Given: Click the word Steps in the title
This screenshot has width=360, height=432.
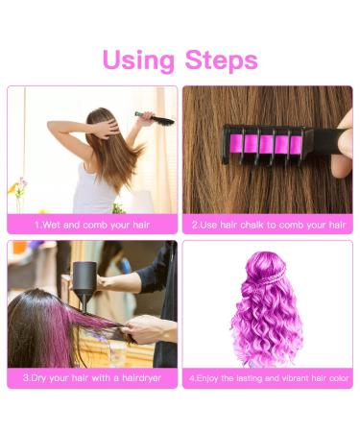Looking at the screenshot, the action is click(222, 60).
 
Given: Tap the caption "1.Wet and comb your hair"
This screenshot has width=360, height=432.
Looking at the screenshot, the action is click(92, 225).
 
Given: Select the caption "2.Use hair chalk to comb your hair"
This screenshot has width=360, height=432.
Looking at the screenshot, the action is click(269, 225).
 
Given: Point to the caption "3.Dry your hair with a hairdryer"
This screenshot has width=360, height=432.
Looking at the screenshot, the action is click(92, 378).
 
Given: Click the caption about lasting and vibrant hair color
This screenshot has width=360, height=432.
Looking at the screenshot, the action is click(269, 378).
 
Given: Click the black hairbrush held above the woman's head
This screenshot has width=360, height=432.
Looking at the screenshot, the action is click(156, 118).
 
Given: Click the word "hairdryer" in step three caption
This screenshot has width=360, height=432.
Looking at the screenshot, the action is click(142, 378).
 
